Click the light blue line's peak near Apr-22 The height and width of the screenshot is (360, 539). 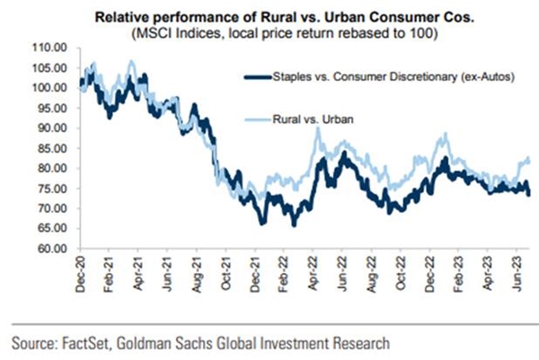(317, 129)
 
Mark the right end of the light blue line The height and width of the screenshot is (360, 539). (529, 161)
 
